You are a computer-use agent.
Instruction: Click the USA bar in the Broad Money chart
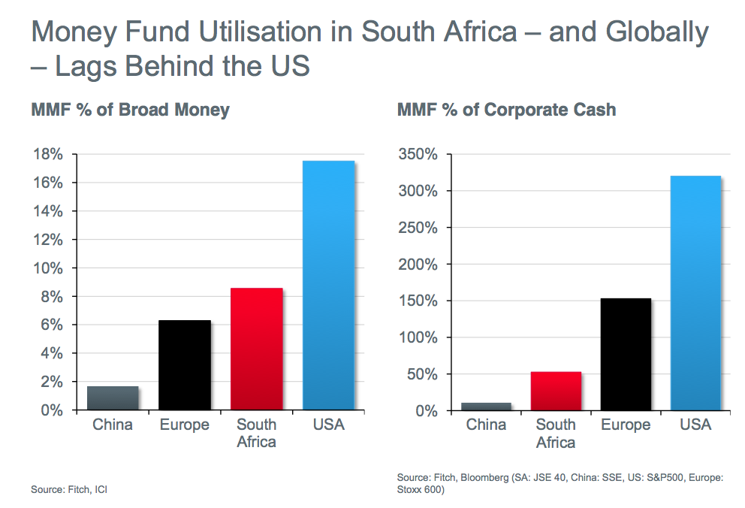pyautogui.click(x=328, y=286)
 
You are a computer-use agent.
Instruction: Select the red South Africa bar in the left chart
pyautogui.click(x=257, y=349)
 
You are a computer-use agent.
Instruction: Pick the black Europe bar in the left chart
pyautogui.click(x=185, y=365)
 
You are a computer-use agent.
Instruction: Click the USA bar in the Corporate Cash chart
pyautogui.click(x=695, y=293)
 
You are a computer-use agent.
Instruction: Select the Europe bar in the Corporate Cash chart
pyautogui.click(x=626, y=355)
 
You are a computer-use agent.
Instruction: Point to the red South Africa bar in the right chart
pyautogui.click(x=556, y=391)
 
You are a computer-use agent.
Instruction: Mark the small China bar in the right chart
pyautogui.click(x=486, y=407)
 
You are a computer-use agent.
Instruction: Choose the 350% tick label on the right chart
pyautogui.click(x=415, y=155)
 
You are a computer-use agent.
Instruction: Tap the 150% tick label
pyautogui.click(x=415, y=301)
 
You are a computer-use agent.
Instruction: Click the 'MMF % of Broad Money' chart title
pyautogui.click(x=130, y=110)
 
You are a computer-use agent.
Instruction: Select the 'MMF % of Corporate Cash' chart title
pyautogui.click(x=506, y=110)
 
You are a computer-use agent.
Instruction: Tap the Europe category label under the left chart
pyautogui.click(x=185, y=425)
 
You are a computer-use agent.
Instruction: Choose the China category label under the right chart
pyautogui.click(x=486, y=425)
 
